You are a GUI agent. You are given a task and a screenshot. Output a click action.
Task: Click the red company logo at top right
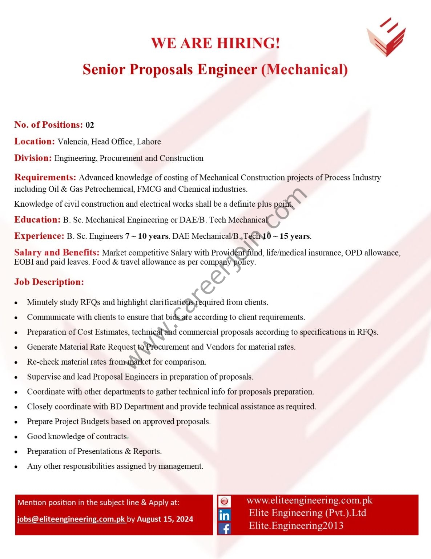pos(386,37)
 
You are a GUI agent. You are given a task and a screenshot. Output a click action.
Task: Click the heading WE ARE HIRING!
pos(215,43)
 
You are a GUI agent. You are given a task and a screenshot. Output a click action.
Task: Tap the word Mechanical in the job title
pos(305,70)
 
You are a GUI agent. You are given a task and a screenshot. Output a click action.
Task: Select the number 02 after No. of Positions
pos(90,125)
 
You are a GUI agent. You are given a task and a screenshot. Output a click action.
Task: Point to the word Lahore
pos(149,142)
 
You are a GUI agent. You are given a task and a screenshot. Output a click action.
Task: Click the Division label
pos(33,158)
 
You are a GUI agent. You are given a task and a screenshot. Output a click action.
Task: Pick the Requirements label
pos(45,177)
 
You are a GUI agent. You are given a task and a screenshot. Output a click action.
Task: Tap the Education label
pos(37,219)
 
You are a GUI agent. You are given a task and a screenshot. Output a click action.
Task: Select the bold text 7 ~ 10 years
pos(147,236)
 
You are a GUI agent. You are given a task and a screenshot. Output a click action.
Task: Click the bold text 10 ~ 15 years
pos(287,236)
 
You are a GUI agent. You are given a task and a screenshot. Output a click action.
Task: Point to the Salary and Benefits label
pos(57,253)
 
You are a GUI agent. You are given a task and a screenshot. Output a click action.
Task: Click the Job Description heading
pos(49,282)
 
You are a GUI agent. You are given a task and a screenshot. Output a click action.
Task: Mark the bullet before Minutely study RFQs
pos(16,303)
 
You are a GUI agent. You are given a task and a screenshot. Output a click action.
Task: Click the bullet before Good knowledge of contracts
pos(16,437)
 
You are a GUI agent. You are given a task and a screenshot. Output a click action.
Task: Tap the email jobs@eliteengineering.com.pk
pos(71,519)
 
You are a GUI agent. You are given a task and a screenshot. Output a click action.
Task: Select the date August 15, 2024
pos(165,519)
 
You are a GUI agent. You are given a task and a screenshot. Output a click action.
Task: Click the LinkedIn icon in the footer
pos(224,515)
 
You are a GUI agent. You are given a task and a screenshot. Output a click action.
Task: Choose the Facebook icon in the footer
pos(224,528)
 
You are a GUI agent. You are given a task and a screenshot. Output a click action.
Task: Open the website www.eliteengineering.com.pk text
pos(309,500)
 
